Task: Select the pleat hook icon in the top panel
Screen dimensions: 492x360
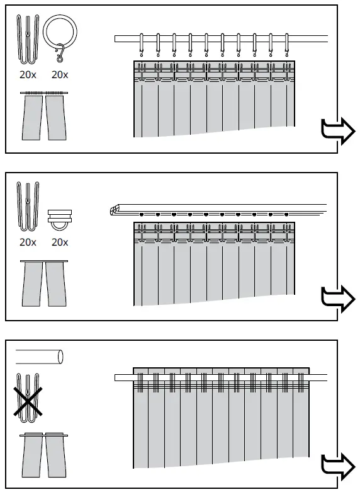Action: coord(27,39)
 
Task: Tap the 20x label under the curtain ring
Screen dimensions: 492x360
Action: coord(59,74)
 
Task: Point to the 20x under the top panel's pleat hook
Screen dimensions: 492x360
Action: coord(27,74)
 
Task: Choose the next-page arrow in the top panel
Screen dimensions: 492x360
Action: coord(337,131)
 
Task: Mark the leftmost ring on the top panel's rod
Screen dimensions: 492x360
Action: coord(142,45)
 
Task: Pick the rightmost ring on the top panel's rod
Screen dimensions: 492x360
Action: coord(287,45)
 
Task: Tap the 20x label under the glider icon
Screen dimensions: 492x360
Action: coord(59,242)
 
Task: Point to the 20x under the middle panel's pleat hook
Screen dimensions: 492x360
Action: coord(27,242)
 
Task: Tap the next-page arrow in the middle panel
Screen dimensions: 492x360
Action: coord(337,297)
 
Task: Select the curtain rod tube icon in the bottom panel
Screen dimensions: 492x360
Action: coord(40,357)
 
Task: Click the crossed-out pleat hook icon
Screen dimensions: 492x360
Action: coord(28,395)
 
